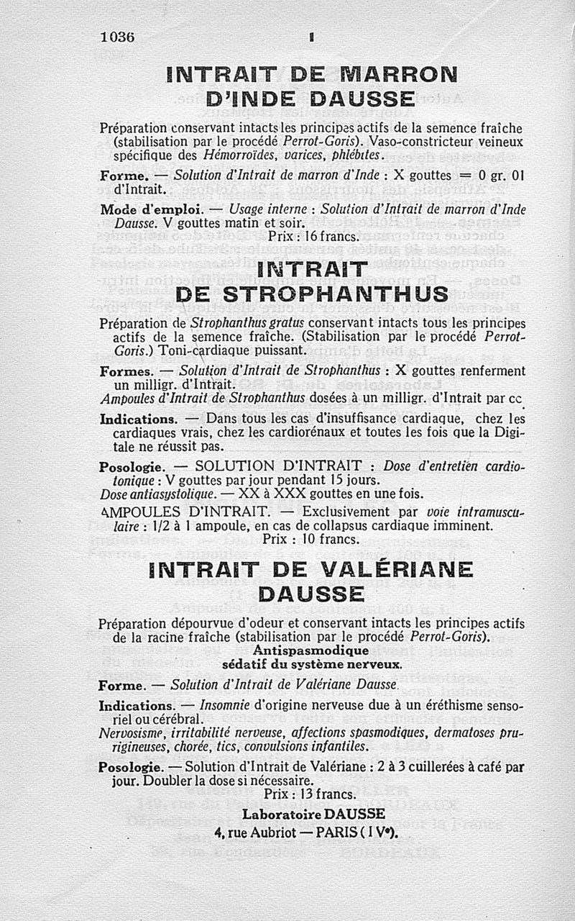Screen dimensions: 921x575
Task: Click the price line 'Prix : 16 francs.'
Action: point(313,235)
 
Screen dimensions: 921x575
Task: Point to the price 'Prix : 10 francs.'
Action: point(310,538)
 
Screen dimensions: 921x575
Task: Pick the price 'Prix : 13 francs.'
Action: point(310,794)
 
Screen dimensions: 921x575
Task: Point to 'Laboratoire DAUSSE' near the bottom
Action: point(313,814)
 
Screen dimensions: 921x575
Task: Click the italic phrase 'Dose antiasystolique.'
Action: point(157,494)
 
